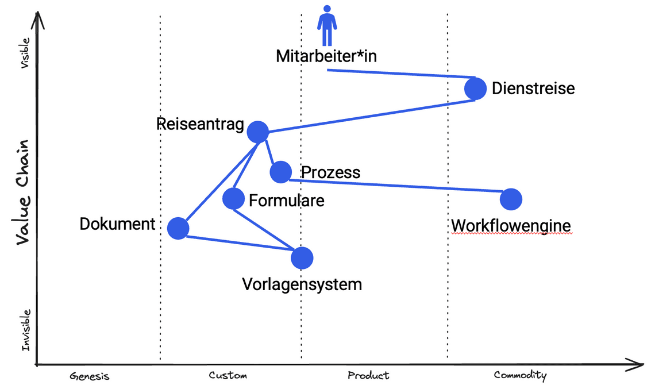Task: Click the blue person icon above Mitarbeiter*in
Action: pyautogui.click(x=327, y=25)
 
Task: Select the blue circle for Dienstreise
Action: pyautogui.click(x=475, y=88)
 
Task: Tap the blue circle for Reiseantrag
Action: pyautogui.click(x=258, y=132)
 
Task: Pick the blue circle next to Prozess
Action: pyautogui.click(x=280, y=171)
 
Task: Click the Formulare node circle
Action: pyautogui.click(x=233, y=199)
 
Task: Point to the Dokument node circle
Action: pyautogui.click(x=178, y=228)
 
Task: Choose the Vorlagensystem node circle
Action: pyautogui.click(x=302, y=258)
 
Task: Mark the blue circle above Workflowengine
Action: pyautogui.click(x=511, y=199)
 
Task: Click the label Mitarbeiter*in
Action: pyautogui.click(x=326, y=56)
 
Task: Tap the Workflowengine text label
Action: pyautogui.click(x=511, y=226)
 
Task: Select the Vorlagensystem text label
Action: pyautogui.click(x=302, y=284)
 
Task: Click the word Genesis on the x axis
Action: pyautogui.click(x=90, y=376)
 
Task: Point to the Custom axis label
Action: pyautogui.click(x=228, y=376)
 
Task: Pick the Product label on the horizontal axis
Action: pyautogui.click(x=368, y=376)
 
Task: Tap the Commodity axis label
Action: pyautogui.click(x=520, y=376)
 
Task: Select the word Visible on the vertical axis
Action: pyautogui.click(x=25, y=53)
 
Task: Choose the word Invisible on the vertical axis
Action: pyautogui.click(x=26, y=330)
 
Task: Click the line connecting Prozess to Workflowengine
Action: pyautogui.click(x=396, y=186)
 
